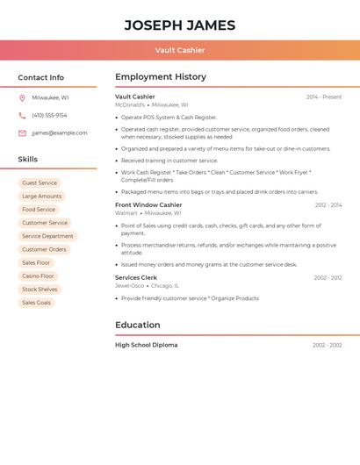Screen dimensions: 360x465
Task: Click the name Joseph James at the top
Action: (179, 25)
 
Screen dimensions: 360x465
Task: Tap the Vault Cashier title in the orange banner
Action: (179, 50)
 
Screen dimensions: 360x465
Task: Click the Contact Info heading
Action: (41, 77)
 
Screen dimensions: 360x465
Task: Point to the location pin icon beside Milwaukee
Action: (22, 97)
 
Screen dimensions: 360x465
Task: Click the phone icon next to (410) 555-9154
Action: (22, 115)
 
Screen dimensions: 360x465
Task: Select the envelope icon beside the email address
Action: (22, 132)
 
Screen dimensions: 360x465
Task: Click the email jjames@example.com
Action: (60, 132)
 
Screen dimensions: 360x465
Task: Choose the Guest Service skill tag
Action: (40, 183)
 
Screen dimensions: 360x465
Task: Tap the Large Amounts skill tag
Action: (41, 197)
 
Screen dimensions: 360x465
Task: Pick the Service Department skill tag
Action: (47, 236)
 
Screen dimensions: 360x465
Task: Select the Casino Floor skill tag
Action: (38, 275)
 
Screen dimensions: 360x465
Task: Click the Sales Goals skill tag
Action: (36, 303)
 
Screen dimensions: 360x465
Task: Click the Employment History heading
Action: (161, 77)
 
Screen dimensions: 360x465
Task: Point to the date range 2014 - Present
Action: (324, 97)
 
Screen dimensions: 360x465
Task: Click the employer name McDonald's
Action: (130, 104)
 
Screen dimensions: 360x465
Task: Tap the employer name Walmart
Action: (126, 212)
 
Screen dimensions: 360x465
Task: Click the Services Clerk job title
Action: (136, 277)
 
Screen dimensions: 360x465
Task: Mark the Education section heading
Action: (138, 325)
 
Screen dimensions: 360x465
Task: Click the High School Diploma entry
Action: (146, 345)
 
